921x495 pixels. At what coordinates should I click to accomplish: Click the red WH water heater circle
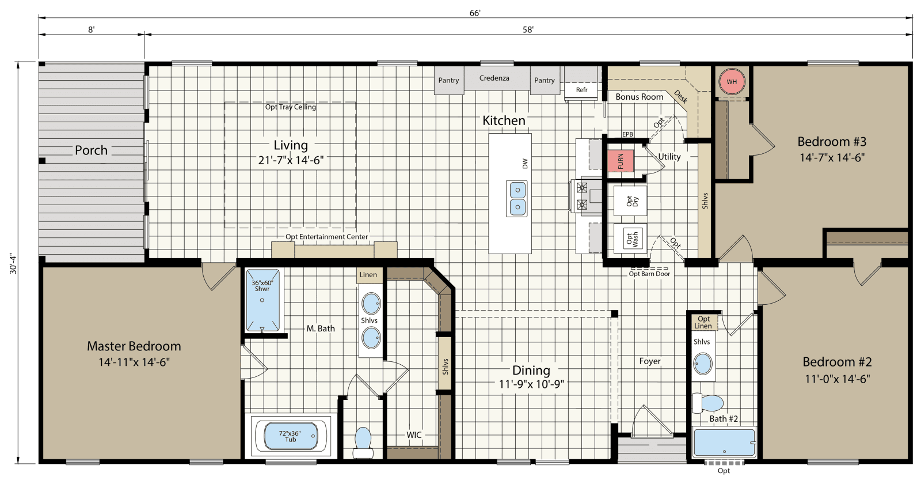pos(731,82)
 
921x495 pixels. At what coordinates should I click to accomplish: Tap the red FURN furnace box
pos(621,161)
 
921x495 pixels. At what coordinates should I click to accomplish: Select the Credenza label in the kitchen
pos(494,78)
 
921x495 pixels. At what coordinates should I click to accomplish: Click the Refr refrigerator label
pos(582,90)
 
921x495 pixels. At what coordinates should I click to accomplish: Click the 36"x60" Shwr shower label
pos(262,286)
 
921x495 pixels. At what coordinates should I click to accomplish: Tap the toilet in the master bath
pos(363,441)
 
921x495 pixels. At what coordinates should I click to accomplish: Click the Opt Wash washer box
pos(631,239)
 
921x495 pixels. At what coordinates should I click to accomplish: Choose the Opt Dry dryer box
pos(631,202)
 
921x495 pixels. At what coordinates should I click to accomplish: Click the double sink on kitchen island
pos(517,198)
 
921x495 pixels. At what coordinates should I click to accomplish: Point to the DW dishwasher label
pos(525,164)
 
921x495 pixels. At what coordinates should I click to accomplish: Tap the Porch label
pos(91,150)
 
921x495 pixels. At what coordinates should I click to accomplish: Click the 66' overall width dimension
pos(475,13)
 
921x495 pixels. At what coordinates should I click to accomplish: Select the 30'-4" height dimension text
pos(13,263)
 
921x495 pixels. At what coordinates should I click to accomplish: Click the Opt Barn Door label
pos(649,274)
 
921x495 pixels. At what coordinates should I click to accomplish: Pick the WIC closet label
pos(414,435)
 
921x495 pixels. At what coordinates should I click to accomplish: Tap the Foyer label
pos(650,361)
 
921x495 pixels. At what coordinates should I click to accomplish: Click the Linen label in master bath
pos(368,275)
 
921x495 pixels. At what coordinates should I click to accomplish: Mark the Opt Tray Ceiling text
pos(290,107)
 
